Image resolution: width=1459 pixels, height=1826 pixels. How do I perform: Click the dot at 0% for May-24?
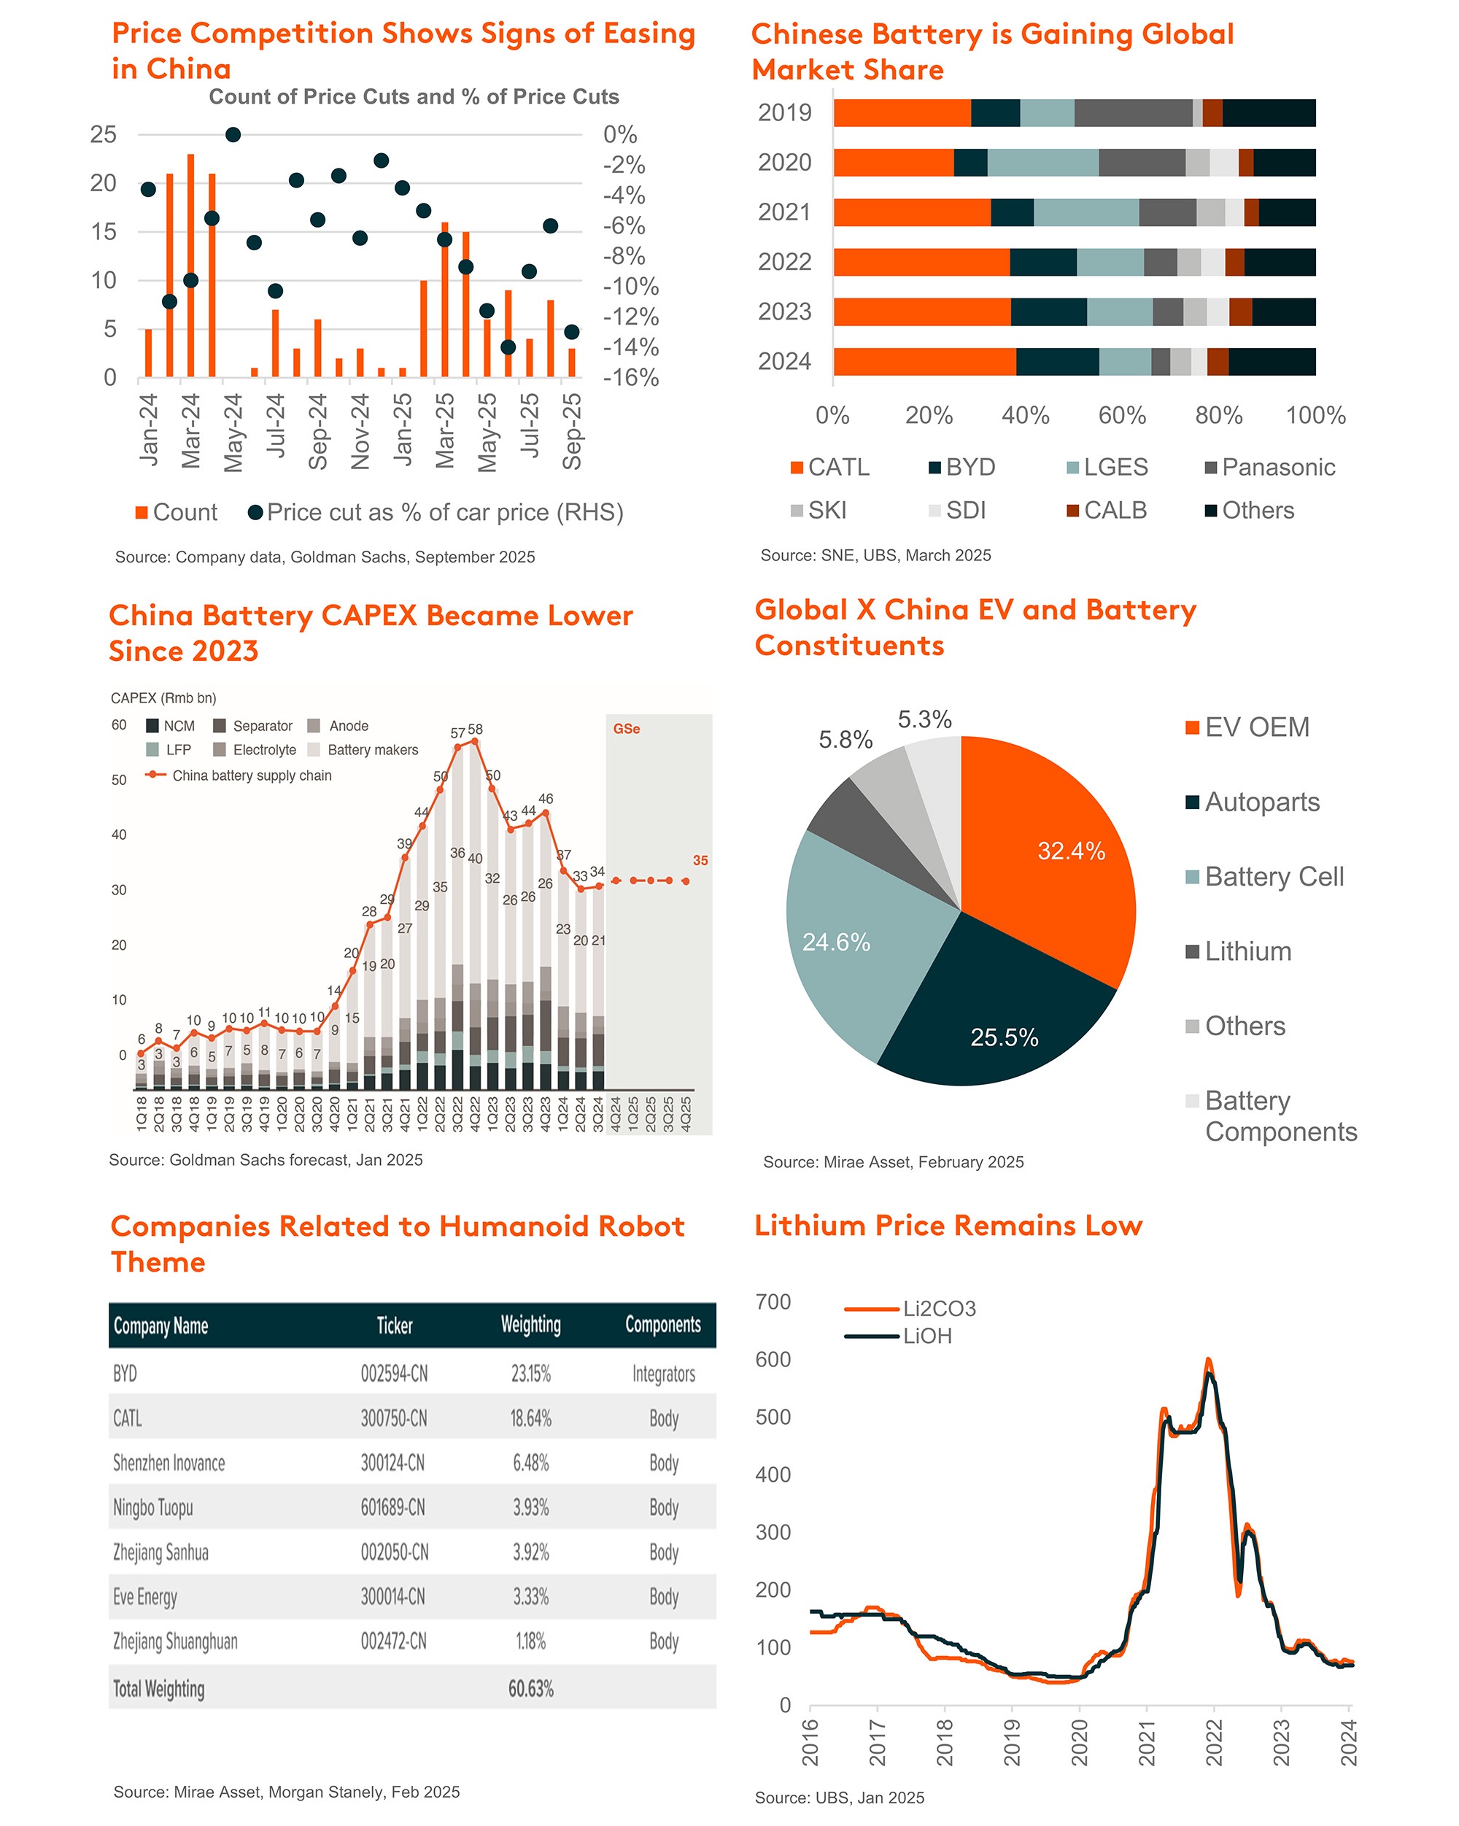click(x=233, y=135)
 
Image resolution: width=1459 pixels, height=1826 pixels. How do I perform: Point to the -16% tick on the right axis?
click(x=630, y=378)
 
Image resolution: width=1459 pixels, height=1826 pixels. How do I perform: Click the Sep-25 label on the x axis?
click(x=573, y=431)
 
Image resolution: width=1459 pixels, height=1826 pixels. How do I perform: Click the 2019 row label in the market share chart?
click(x=784, y=112)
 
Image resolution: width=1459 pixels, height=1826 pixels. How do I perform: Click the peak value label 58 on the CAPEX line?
click(x=475, y=730)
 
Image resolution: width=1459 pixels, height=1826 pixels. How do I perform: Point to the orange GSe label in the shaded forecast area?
click(x=626, y=730)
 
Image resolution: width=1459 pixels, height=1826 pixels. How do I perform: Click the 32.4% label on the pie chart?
click(x=1071, y=851)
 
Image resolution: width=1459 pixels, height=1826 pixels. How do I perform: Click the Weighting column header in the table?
click(x=530, y=1326)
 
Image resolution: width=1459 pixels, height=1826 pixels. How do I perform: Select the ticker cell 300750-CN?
click(x=394, y=1419)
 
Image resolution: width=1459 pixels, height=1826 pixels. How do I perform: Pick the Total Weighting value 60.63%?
click(x=530, y=1689)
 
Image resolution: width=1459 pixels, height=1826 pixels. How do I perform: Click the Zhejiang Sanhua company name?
click(x=161, y=1552)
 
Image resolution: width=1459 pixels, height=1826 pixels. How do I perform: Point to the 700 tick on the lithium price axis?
click(x=773, y=1301)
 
